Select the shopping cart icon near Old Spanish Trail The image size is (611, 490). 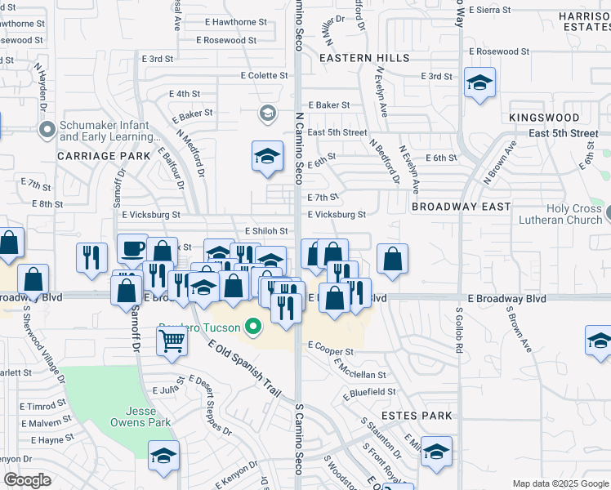[172, 343]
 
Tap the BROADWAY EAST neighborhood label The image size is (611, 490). [461, 207]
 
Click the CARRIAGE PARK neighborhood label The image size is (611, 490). [104, 155]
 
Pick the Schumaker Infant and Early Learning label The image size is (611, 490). [103, 131]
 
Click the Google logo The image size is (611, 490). [27, 480]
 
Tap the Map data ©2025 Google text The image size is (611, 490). [560, 483]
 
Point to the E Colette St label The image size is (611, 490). [264, 76]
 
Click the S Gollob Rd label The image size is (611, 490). [459, 330]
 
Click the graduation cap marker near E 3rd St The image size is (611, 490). [479, 82]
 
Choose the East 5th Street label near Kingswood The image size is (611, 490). [564, 133]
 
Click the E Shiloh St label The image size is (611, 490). [261, 231]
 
